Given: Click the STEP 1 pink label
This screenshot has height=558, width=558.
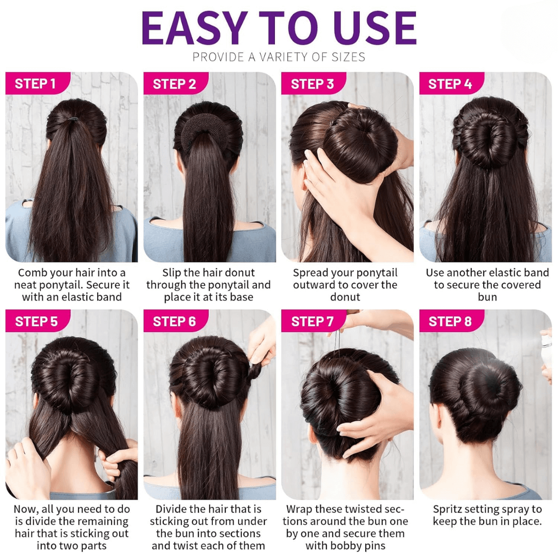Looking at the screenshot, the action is coord(37,83).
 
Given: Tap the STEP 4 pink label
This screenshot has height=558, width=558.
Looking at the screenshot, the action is coord(451,83).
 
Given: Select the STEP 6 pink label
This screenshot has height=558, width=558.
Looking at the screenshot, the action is coord(176,321).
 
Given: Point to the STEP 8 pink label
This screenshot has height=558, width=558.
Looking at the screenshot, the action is coord(451,321).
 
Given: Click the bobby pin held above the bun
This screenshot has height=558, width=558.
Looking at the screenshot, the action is coord(337,340).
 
